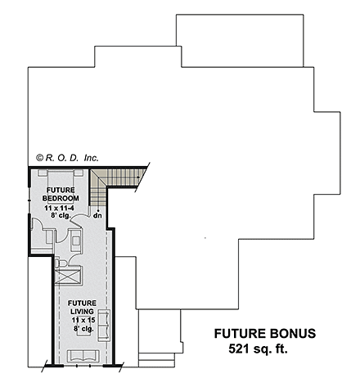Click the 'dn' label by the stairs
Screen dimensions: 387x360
(97, 215)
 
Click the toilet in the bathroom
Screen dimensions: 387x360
(61, 263)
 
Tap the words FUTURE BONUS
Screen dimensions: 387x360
(263, 334)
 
